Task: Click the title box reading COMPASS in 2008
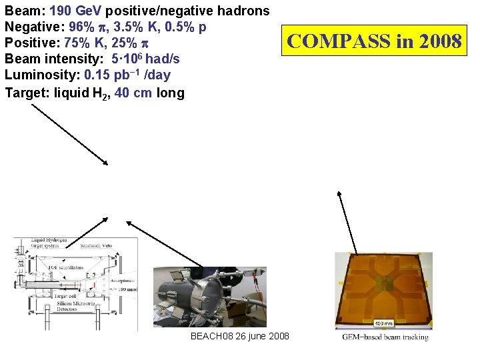(373, 41)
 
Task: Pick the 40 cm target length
(133, 93)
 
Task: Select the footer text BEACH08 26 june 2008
(239, 336)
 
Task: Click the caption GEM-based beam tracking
(385, 337)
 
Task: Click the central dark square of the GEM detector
(383, 284)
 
